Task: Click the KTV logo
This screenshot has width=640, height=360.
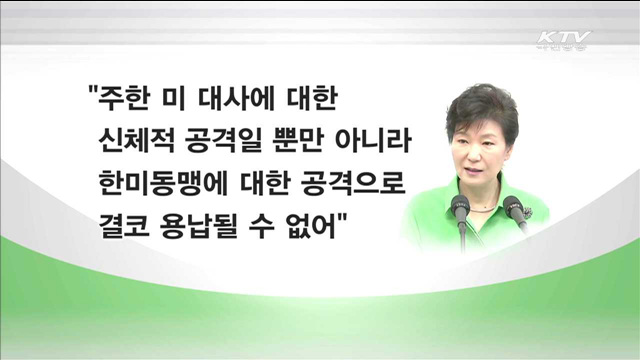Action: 564,41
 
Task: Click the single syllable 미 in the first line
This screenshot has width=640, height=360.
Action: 184,101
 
